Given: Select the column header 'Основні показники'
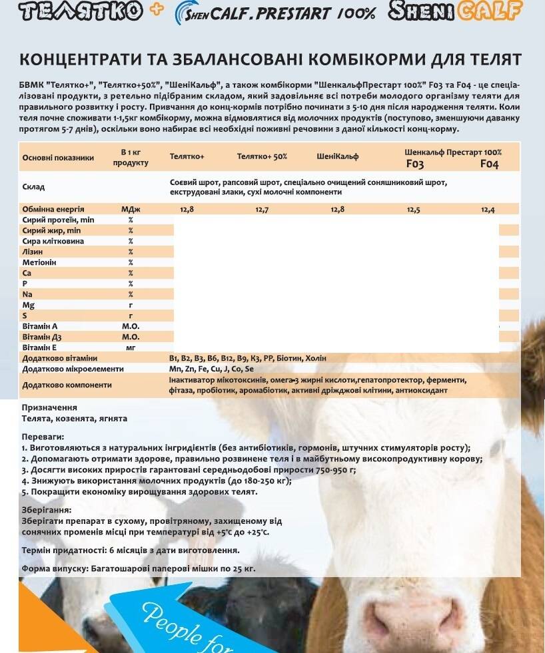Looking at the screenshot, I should tap(58, 158).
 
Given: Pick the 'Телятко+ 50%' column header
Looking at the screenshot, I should tap(262, 156).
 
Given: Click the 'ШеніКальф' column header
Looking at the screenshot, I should tap(338, 156).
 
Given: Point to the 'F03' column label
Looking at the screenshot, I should tap(414, 164).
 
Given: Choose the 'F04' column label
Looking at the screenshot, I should tap(489, 164).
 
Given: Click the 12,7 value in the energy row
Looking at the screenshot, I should tap(262, 209).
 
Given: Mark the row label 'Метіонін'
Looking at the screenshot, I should tap(39, 262).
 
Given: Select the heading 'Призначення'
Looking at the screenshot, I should tap(49, 407).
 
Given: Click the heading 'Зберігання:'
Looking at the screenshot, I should tap(47, 509).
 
